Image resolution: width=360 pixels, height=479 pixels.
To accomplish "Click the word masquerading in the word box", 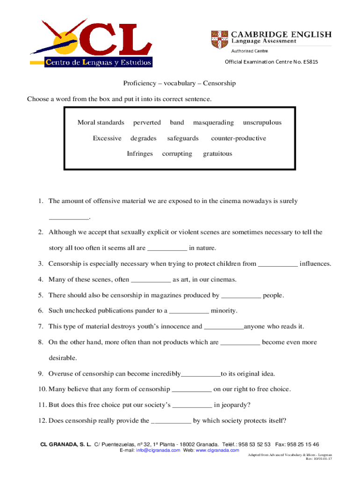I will coord(213,123).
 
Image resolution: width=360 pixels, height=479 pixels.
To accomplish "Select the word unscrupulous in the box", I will coord(262,123).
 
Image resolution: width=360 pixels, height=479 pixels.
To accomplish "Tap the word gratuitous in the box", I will coord(217,153).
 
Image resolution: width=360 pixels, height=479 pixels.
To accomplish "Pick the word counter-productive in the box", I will coord(238,138).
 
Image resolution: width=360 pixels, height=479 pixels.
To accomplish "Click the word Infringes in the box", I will coord(140,153).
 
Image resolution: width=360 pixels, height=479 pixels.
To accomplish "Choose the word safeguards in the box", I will coord(183,138).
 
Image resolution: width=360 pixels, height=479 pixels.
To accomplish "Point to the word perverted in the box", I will coord(147,123).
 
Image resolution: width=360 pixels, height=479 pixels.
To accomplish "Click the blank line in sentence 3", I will coord(278,264).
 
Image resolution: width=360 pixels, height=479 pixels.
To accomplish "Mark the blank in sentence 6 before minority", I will coord(188,311).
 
